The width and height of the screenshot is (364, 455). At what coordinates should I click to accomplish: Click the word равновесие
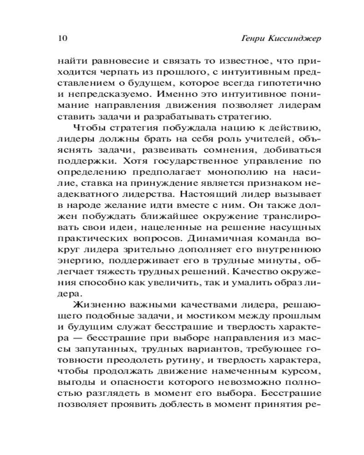[x=119, y=61]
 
